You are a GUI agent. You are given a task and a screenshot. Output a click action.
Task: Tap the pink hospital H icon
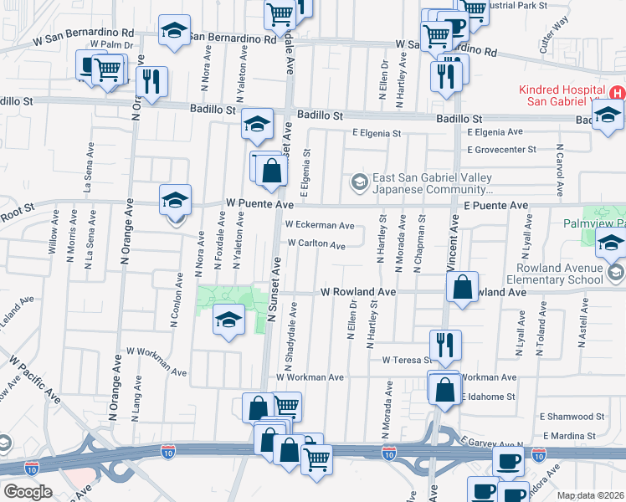pyautogui.click(x=617, y=93)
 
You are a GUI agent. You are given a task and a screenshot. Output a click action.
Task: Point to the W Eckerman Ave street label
pyautogui.click(x=319, y=225)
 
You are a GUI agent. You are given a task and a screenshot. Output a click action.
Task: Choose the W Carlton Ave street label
pyautogui.click(x=316, y=244)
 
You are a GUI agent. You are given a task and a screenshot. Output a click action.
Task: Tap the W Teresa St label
pyautogui.click(x=405, y=360)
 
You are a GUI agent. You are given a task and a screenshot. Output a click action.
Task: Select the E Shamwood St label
pyautogui.click(x=572, y=416)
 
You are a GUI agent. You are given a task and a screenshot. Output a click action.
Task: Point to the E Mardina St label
pyautogui.click(x=568, y=436)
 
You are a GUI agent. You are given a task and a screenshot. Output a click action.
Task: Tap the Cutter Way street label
pyautogui.click(x=554, y=45)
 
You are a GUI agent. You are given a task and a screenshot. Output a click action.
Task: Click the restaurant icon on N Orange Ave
pyautogui.click(x=151, y=82)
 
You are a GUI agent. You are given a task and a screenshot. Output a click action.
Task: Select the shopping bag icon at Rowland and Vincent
pyautogui.click(x=462, y=287)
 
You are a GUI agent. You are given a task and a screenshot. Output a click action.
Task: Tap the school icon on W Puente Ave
pyautogui.click(x=176, y=200)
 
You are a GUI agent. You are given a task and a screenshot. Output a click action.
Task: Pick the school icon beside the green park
pyautogui.click(x=228, y=320)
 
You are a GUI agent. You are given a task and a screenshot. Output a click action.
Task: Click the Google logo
pyautogui.click(x=28, y=492)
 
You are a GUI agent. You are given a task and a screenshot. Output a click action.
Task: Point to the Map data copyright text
pyautogui.click(x=591, y=495)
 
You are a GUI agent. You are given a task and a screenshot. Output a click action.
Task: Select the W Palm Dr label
pyautogui.click(x=112, y=44)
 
